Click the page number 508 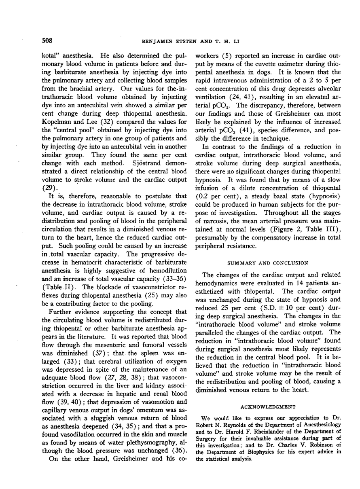point(48,40)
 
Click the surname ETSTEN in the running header point(174,41)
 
